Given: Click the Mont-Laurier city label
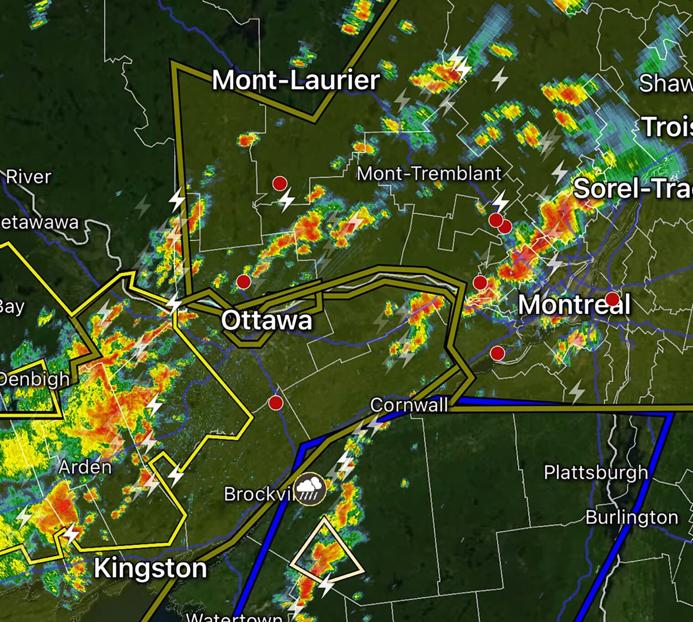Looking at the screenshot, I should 296,80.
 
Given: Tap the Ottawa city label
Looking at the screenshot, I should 266,320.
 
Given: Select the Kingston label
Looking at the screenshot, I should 150,568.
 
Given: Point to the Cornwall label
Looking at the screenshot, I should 409,405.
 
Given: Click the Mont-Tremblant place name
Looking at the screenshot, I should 429,174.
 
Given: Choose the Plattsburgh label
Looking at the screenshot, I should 596,472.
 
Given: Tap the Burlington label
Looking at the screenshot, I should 631,518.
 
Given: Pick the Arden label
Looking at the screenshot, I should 85,467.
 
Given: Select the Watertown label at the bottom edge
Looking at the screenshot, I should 234,617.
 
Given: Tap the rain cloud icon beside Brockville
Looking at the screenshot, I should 311,489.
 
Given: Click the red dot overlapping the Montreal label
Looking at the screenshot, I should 612,300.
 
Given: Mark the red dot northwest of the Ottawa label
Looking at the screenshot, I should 244,282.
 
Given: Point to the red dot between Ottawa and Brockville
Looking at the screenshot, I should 276,403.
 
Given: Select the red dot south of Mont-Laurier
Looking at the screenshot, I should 280,183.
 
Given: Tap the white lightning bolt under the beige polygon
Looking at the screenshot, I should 327,585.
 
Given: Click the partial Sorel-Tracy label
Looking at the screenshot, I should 632,188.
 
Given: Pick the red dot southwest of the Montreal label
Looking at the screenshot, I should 497,353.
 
